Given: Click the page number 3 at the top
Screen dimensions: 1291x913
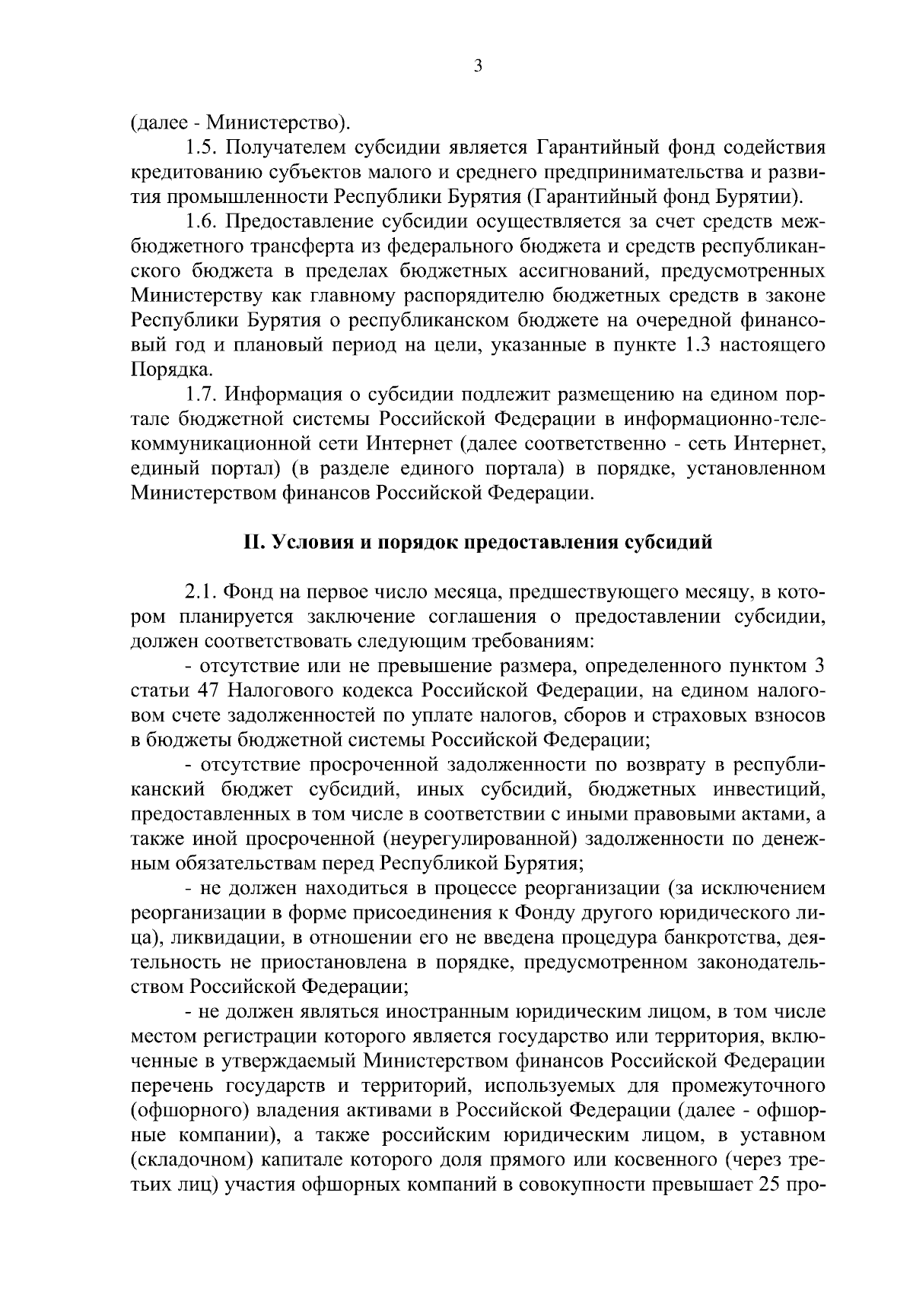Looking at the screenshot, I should click(x=477, y=67).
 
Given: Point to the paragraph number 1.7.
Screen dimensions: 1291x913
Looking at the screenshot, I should click(x=201, y=395).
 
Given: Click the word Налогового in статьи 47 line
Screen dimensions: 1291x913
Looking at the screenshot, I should click(x=283, y=691).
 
